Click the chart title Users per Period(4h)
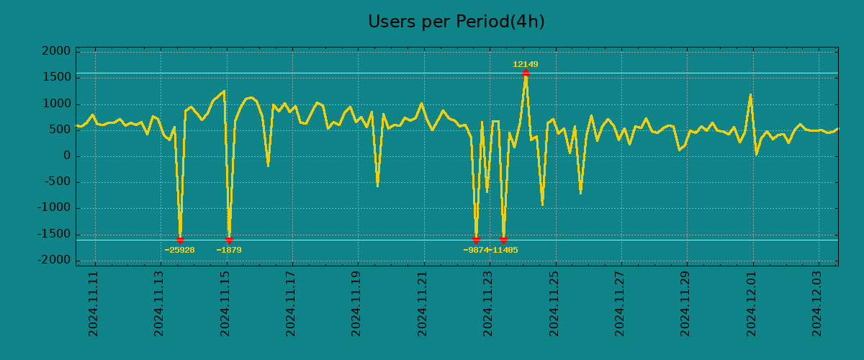[456, 22]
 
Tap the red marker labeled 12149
[526, 73]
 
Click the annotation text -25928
[179, 251]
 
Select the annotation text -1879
[229, 251]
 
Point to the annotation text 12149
[526, 65]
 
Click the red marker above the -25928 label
[180, 240]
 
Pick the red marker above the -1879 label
[229, 240]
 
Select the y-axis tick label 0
[67, 156]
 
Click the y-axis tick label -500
[58, 182]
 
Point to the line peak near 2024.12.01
[750, 95]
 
